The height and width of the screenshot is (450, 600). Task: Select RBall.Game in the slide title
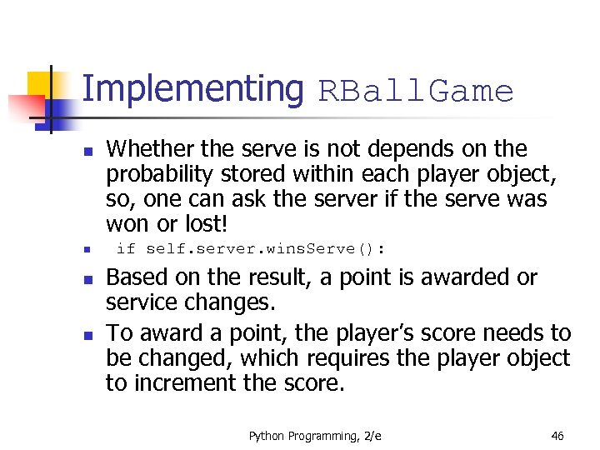click(x=415, y=92)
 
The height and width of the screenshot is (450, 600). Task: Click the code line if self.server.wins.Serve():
click(x=251, y=248)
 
